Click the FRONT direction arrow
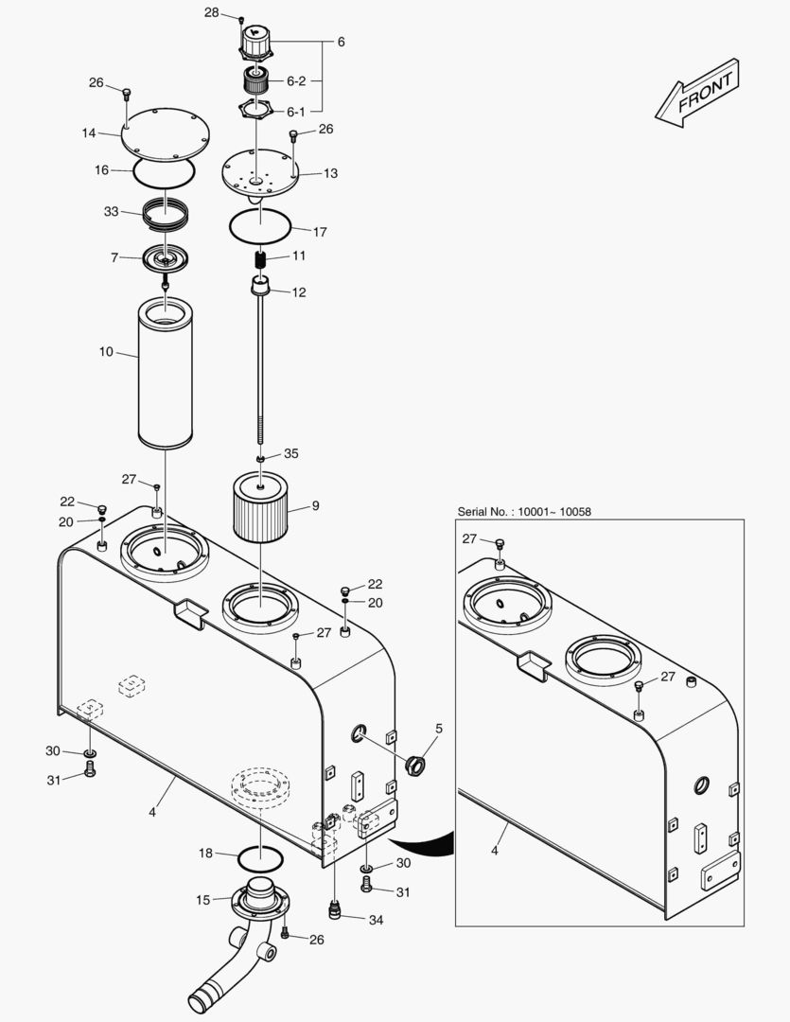click(697, 93)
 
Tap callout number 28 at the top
click(211, 12)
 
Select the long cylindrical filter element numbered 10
click(166, 374)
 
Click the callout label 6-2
click(296, 81)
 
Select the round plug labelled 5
click(414, 763)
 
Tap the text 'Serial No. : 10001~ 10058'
click(524, 512)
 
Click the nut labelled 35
click(259, 459)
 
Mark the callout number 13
click(330, 173)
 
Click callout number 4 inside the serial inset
click(493, 850)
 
